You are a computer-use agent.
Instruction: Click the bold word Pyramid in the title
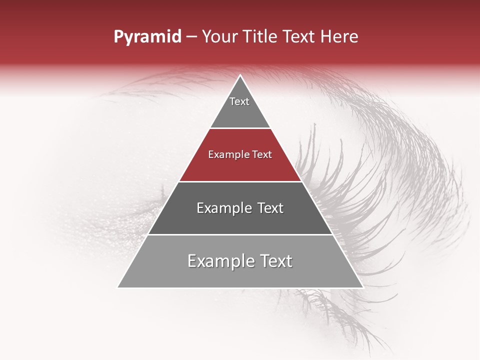(x=147, y=37)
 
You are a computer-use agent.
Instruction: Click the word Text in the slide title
(x=299, y=36)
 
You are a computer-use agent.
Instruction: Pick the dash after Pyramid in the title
(x=192, y=37)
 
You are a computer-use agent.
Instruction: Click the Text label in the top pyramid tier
(x=239, y=101)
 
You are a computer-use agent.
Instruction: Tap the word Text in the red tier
(x=262, y=155)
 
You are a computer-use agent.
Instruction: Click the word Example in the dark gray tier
(x=223, y=208)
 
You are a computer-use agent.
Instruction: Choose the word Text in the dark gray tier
(x=270, y=208)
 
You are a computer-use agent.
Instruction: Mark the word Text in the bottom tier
(x=275, y=261)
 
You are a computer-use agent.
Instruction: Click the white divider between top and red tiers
(x=240, y=128)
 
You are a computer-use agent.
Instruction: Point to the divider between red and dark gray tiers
(x=240, y=181)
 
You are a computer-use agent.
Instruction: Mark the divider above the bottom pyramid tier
(x=240, y=234)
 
